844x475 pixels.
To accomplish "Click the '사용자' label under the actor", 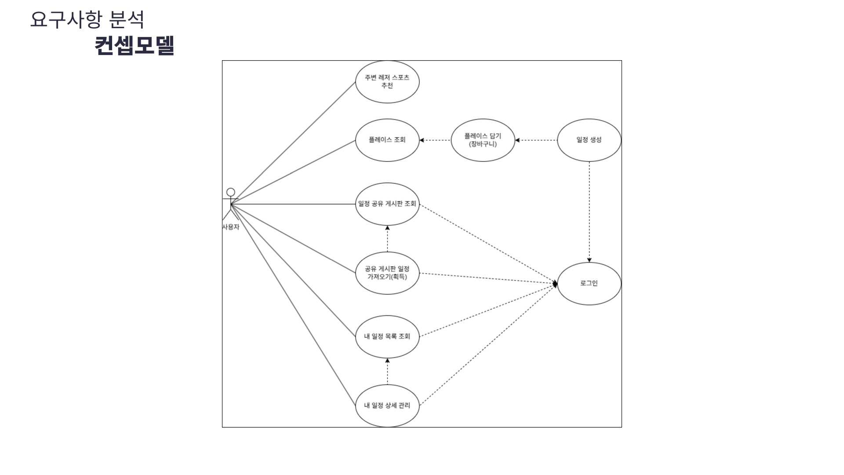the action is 231,227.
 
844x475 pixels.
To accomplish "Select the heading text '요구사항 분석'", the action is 87,20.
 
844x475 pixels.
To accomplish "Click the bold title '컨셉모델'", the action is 135,45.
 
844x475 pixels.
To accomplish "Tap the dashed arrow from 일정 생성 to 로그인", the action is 589,212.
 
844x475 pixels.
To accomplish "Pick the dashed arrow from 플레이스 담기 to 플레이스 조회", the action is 435,140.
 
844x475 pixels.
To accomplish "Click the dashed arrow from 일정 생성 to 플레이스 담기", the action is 536,140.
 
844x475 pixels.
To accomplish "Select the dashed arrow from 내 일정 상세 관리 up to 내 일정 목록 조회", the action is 387,371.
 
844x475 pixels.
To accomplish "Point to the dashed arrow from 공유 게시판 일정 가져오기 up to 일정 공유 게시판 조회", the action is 387,238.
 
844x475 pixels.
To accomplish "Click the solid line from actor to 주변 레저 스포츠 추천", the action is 293,143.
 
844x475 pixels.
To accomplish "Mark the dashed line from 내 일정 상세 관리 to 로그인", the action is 488,345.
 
